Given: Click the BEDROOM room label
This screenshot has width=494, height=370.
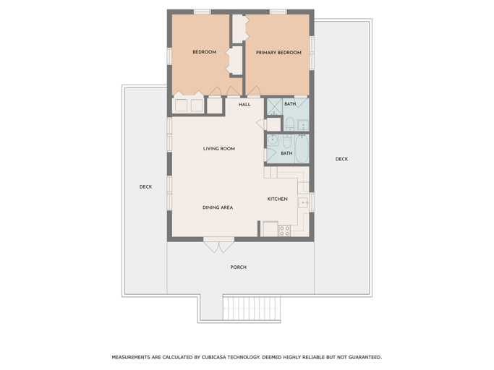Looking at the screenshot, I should (204, 52).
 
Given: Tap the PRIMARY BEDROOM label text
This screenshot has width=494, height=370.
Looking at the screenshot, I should (278, 53).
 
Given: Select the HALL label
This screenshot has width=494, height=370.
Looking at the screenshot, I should (244, 105).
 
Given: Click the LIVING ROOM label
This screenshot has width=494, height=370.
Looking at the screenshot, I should (218, 149).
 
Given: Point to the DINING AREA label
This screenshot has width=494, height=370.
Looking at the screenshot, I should (217, 207).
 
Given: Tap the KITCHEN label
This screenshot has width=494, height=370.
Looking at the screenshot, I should (277, 199).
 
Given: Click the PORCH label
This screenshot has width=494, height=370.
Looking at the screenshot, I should (238, 267).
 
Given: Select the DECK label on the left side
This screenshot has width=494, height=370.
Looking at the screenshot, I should (145, 187).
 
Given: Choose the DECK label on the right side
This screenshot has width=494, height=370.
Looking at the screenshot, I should (341, 159).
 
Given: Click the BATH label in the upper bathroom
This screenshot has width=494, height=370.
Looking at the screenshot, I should (289, 104).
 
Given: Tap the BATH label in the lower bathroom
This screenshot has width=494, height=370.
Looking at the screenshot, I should (286, 153).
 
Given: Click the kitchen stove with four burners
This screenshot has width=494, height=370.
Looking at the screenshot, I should (284, 231).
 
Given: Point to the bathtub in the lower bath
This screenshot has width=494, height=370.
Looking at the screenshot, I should (302, 148).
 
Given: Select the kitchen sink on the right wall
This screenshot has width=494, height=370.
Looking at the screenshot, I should (304, 202).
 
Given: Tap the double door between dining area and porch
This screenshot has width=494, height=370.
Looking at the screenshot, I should (218, 244).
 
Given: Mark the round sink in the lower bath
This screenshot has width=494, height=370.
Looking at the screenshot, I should (273, 139).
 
